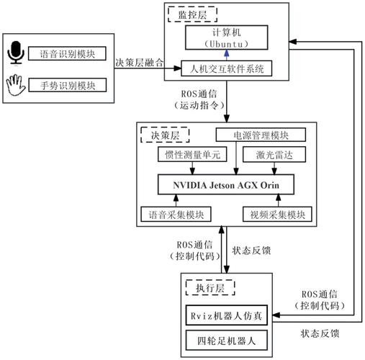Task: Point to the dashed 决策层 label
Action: pos(166,134)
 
